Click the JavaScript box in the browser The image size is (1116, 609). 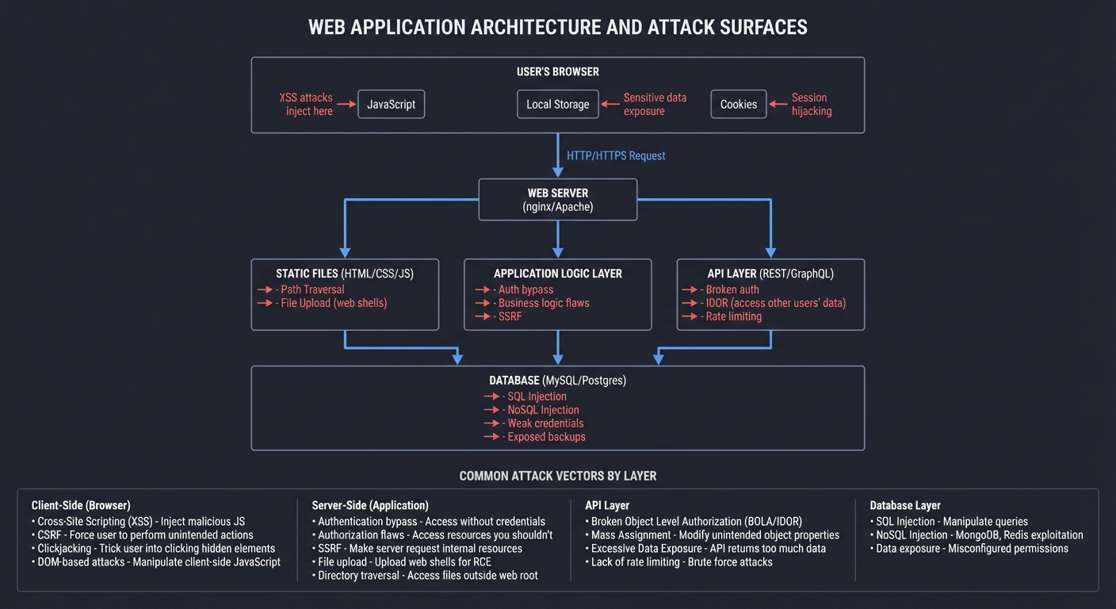coord(391,104)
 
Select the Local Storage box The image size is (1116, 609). coord(557,104)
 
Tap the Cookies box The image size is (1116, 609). coord(738,104)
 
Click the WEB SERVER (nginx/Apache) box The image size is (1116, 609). coord(557,199)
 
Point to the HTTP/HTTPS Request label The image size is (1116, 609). coord(616,155)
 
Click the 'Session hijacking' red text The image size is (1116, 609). coord(811,104)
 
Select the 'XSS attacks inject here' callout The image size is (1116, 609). coord(306,104)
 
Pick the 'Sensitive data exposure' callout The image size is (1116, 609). coord(655,104)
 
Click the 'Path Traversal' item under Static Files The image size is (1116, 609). coord(312,289)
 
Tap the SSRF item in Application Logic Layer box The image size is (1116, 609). coord(510,316)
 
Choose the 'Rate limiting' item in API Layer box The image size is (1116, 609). coord(733,316)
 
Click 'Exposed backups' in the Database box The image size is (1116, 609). coord(546,437)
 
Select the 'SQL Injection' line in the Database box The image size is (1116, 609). coord(537,396)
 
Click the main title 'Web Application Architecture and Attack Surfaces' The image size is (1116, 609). coord(557,27)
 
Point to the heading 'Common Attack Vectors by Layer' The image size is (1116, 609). coord(557,477)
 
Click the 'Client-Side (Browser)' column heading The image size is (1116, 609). coord(81,505)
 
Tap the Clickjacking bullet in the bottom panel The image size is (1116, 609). coord(156,548)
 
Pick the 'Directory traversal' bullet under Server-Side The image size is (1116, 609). coord(427,575)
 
